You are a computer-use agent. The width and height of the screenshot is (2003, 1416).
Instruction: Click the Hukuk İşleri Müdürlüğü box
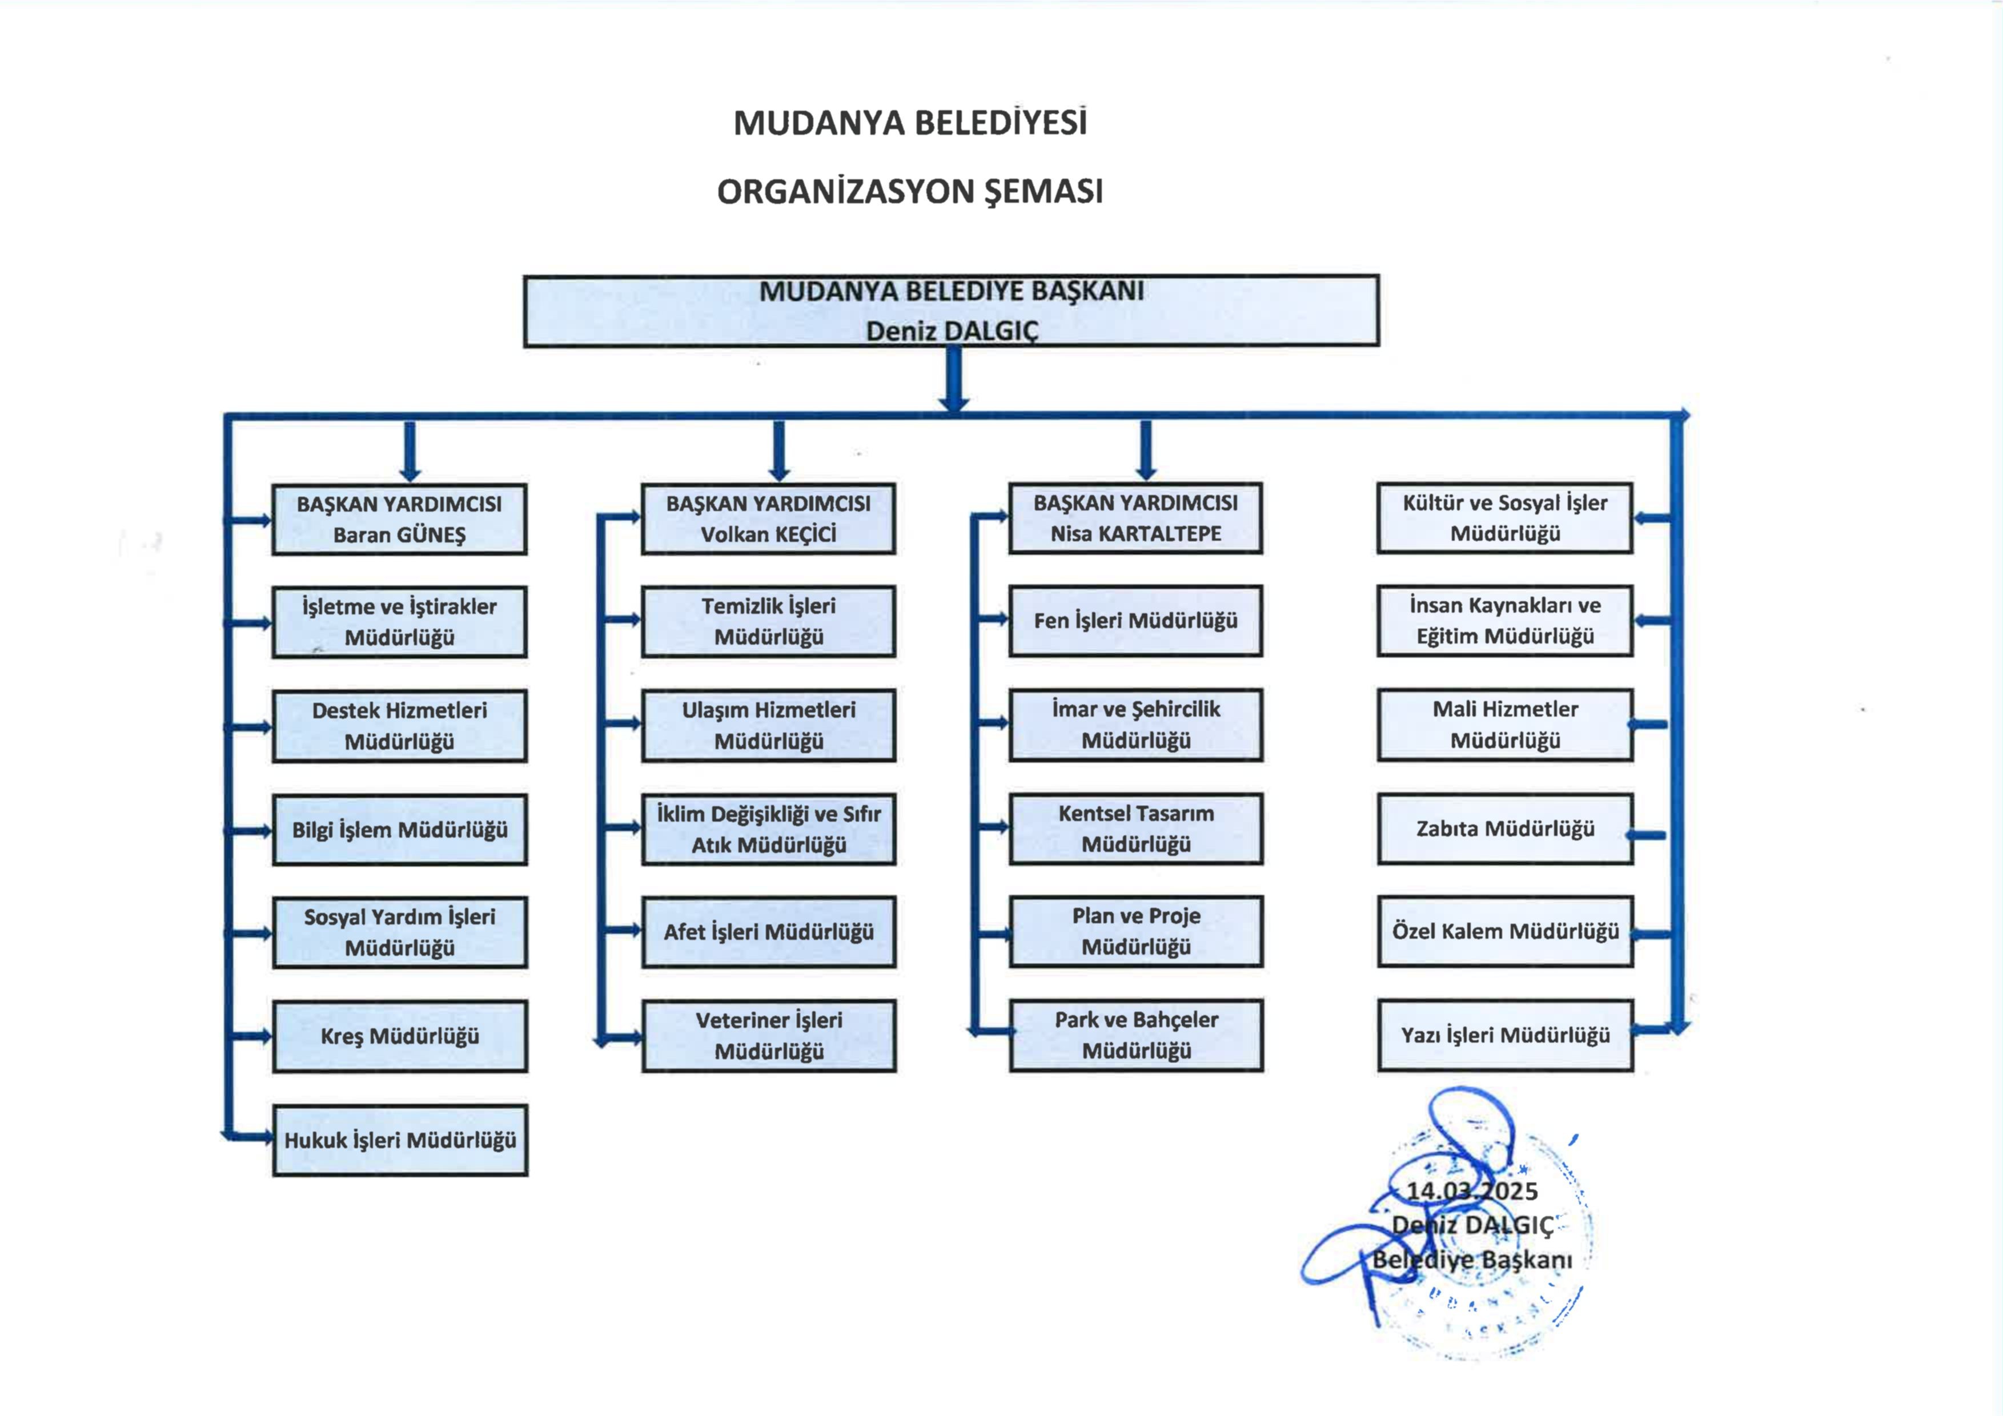[400, 1140]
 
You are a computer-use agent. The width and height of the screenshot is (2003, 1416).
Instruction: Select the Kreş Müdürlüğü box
[400, 1037]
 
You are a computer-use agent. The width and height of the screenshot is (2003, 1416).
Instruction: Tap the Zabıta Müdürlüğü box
[1505, 829]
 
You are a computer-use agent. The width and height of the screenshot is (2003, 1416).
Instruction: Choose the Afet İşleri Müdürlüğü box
[769, 932]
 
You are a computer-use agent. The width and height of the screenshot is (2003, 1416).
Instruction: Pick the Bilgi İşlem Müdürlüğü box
[400, 830]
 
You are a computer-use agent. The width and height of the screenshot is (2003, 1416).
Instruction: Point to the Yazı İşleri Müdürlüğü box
[1505, 1036]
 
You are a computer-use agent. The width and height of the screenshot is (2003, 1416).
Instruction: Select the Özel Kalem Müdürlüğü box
[1505, 931]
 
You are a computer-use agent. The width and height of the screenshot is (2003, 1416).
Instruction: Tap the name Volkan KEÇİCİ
[769, 534]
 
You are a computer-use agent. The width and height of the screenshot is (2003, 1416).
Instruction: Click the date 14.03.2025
[1472, 1191]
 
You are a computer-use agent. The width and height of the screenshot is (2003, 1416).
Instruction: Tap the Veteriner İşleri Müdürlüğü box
[769, 1036]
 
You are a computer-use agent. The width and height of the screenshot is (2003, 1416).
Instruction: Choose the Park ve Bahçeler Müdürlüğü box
[1136, 1035]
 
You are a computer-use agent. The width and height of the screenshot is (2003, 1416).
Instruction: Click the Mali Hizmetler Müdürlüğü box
[1505, 725]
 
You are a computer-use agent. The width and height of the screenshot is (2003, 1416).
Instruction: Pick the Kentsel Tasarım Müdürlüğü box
[1136, 828]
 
